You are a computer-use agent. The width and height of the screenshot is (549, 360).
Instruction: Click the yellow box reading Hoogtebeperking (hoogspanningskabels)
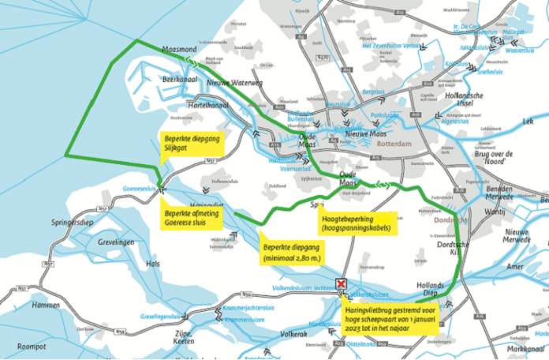click(x=357, y=223)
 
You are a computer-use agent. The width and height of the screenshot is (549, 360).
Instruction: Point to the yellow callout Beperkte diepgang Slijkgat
click(x=192, y=144)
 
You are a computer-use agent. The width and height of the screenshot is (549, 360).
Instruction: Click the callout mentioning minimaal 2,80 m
click(x=291, y=250)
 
